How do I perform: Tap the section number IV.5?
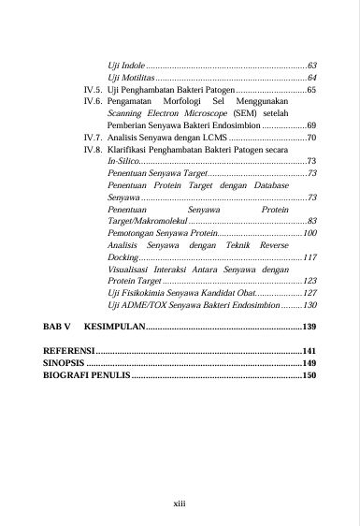coord(92,90)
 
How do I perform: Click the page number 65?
coord(312,90)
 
